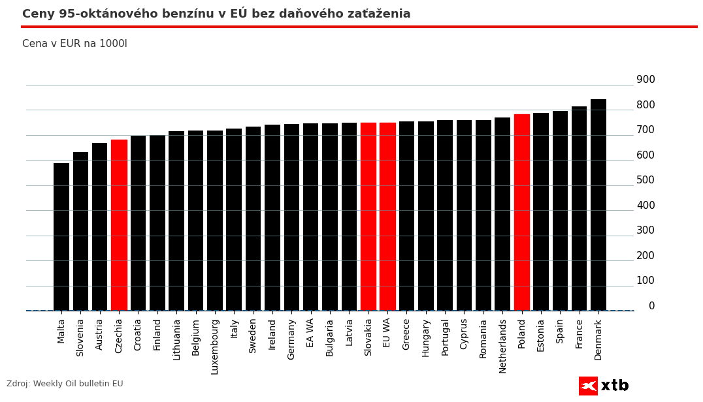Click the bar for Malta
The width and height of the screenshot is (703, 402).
coord(61,237)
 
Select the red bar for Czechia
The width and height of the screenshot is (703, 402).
coord(119,225)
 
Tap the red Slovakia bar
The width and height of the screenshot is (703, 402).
coord(368,217)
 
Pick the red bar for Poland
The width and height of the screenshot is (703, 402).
coord(522,212)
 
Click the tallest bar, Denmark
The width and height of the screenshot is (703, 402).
coord(598,205)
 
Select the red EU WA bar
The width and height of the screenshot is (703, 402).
coord(387,217)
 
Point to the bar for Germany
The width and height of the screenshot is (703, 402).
coord(291,217)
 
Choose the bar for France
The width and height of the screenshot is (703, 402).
coord(580,208)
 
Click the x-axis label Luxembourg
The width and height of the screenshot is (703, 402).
coord(215,346)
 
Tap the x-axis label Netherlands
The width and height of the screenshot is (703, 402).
coord(503,345)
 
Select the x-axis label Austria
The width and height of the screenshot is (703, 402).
coord(100,334)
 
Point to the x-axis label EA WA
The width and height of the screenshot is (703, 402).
coord(310,332)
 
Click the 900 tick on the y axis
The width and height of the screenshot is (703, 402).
coord(646,80)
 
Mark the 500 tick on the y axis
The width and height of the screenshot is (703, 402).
coord(646,180)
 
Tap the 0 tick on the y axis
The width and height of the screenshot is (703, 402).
coord(651,306)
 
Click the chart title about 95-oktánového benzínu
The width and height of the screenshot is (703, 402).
coord(216,14)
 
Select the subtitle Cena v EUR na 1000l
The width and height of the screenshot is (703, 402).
coord(74,44)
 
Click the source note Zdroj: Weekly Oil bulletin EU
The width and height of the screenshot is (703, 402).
coord(65,384)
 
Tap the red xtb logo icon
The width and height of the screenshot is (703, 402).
coord(588,386)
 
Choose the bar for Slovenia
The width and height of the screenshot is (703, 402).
coord(80,231)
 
